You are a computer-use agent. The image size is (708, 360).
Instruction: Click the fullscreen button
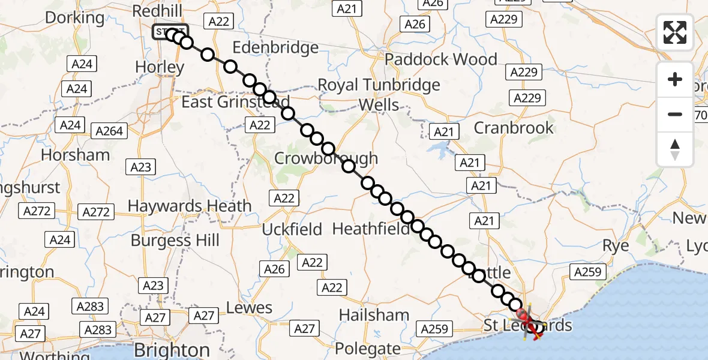click(675, 32)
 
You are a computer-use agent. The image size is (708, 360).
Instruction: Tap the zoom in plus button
click(675, 79)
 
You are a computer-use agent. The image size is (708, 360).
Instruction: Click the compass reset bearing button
click(675, 149)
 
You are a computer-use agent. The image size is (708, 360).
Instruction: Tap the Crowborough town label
click(326, 158)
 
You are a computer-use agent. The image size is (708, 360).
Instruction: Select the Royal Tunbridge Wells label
click(379, 95)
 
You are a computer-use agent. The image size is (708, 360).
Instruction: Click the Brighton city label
click(172, 350)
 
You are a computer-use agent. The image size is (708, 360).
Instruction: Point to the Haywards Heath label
click(190, 206)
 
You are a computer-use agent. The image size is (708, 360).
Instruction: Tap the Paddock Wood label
click(441, 59)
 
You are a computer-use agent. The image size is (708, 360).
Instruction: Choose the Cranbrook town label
click(514, 128)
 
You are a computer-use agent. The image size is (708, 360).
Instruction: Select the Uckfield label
click(292, 229)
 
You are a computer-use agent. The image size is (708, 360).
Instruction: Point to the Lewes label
click(249, 308)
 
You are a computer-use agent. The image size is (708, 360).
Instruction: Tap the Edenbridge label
click(275, 47)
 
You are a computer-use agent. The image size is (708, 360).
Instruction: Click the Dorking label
click(74, 18)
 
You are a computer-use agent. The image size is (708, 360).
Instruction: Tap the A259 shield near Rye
click(587, 272)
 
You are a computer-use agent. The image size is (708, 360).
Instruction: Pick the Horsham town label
click(75, 155)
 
